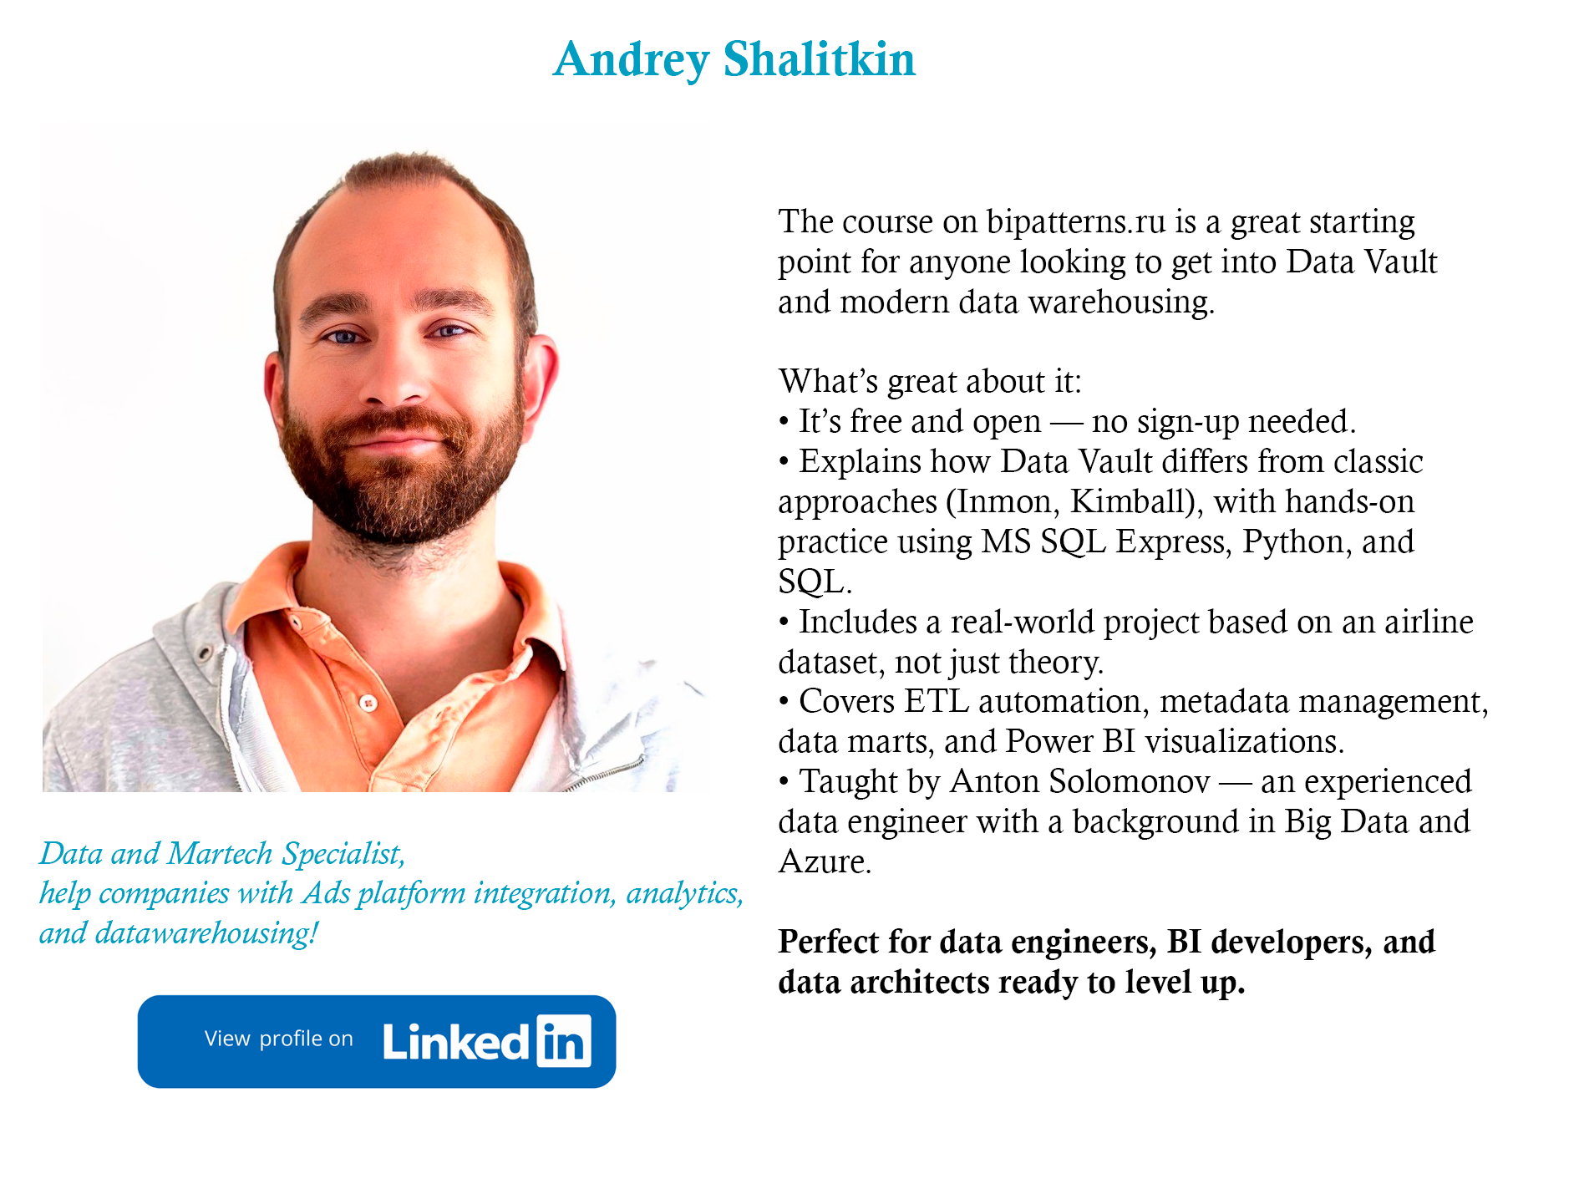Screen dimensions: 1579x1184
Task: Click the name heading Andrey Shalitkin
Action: [734, 60]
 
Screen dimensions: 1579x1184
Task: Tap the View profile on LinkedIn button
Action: [377, 1041]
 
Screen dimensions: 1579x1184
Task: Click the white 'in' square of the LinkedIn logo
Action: [564, 1041]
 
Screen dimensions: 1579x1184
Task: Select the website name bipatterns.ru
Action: [1076, 222]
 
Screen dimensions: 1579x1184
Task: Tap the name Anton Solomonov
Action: [1080, 781]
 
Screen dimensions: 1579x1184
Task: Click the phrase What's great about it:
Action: [930, 382]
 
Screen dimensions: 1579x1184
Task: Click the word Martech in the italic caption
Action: [220, 854]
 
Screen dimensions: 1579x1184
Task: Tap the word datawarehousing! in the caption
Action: [206, 933]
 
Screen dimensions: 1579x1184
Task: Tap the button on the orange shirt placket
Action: [368, 703]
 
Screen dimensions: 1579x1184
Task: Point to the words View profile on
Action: [279, 1039]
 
